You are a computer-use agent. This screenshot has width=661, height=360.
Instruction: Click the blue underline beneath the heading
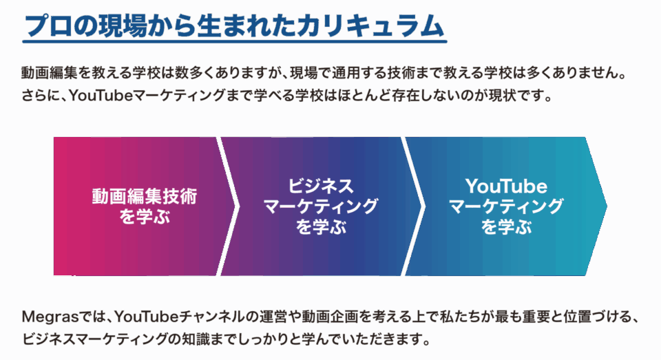tap(234, 41)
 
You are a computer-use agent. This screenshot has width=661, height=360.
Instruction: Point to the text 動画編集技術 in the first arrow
tap(145, 197)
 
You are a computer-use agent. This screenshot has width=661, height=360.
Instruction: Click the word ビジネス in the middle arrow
tap(321, 186)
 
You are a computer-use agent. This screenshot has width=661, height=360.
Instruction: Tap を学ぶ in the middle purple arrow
tap(321, 226)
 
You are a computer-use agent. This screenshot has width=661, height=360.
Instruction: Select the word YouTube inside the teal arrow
tap(506, 186)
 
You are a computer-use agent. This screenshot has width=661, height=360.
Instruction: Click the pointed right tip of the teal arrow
tap(607, 206)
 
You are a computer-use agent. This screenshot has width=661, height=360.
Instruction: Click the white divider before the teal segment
tap(413, 206)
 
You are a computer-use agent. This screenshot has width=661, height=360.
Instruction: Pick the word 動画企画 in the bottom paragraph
tap(330, 316)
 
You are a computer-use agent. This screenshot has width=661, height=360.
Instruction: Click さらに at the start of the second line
tap(43, 96)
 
